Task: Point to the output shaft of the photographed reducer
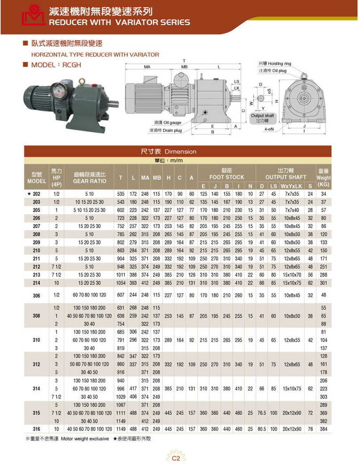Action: (113, 104)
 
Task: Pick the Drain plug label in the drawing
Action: (165, 130)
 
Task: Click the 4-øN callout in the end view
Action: (269, 129)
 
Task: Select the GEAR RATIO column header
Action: (90, 178)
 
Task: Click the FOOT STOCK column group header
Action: (227, 174)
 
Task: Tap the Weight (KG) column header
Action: (323, 178)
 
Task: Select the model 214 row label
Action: (37, 282)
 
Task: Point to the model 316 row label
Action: (37, 429)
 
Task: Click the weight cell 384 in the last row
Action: (324, 429)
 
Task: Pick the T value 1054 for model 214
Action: (120, 282)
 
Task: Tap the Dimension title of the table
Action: (168, 152)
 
